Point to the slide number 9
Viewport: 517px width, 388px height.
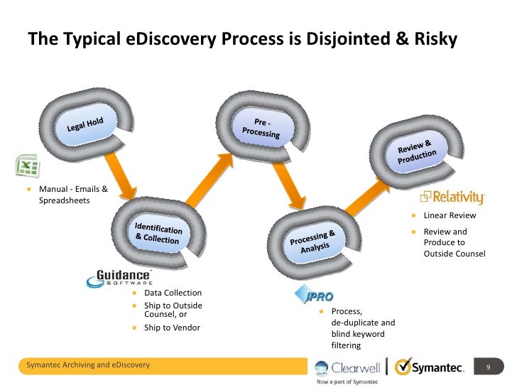[x=487, y=367]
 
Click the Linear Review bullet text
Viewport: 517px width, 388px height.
[x=450, y=215]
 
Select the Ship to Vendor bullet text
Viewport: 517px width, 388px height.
[x=172, y=328]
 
